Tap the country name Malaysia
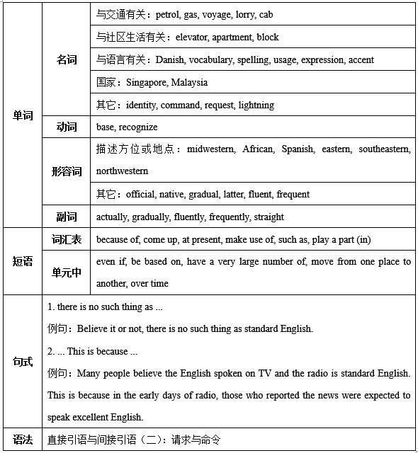(189, 82)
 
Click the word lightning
(256, 105)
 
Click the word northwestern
(122, 171)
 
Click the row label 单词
(23, 115)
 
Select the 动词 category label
(67, 127)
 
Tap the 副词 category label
(67, 217)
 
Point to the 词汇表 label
(67, 239)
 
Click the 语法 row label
(23, 440)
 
